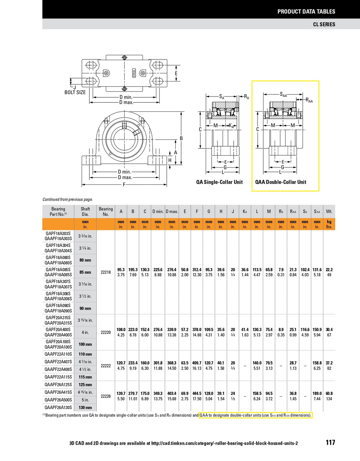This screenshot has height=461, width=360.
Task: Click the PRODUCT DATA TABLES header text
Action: click(x=306, y=12)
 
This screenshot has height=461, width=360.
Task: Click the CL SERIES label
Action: click(x=324, y=24)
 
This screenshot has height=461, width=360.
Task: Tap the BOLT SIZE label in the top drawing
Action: click(x=75, y=92)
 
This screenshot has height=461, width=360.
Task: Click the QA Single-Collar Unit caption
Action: click(x=219, y=182)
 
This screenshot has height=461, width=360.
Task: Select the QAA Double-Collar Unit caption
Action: click(x=281, y=182)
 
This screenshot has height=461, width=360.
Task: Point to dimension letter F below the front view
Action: click(x=124, y=185)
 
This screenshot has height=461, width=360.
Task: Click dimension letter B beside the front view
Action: click(x=181, y=138)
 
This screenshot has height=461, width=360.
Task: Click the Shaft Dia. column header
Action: click(x=85, y=211)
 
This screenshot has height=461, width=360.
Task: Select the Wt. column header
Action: click(x=329, y=211)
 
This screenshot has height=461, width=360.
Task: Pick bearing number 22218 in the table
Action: click(x=105, y=272)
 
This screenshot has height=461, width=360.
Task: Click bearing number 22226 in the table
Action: click(x=105, y=396)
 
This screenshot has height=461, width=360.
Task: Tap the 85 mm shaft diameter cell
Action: click(x=85, y=272)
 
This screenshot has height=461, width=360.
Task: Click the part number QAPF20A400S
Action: click(x=58, y=330)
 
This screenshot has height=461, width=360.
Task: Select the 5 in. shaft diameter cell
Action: click(x=85, y=400)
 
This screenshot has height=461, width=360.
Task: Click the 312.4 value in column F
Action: click(x=197, y=270)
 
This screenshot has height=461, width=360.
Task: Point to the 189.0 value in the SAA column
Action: click(x=317, y=394)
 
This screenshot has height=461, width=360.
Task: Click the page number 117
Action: click(x=330, y=443)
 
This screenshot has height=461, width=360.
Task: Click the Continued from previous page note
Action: click(x=68, y=199)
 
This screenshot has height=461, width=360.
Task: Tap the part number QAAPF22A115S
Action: click(x=58, y=377)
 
